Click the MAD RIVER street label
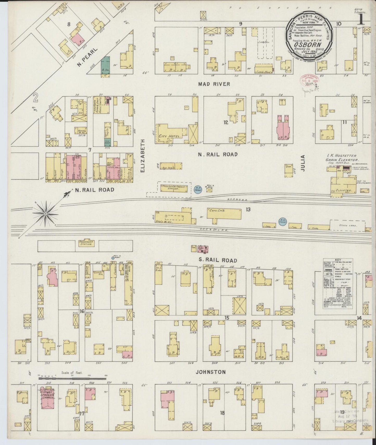tap(214, 84)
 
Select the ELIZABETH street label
tap(142, 156)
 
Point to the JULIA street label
tap(302, 162)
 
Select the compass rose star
tap(45, 214)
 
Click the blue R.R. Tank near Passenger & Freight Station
tap(197, 189)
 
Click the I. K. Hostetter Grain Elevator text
tap(339, 158)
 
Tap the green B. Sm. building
tap(105, 65)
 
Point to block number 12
tap(225, 122)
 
